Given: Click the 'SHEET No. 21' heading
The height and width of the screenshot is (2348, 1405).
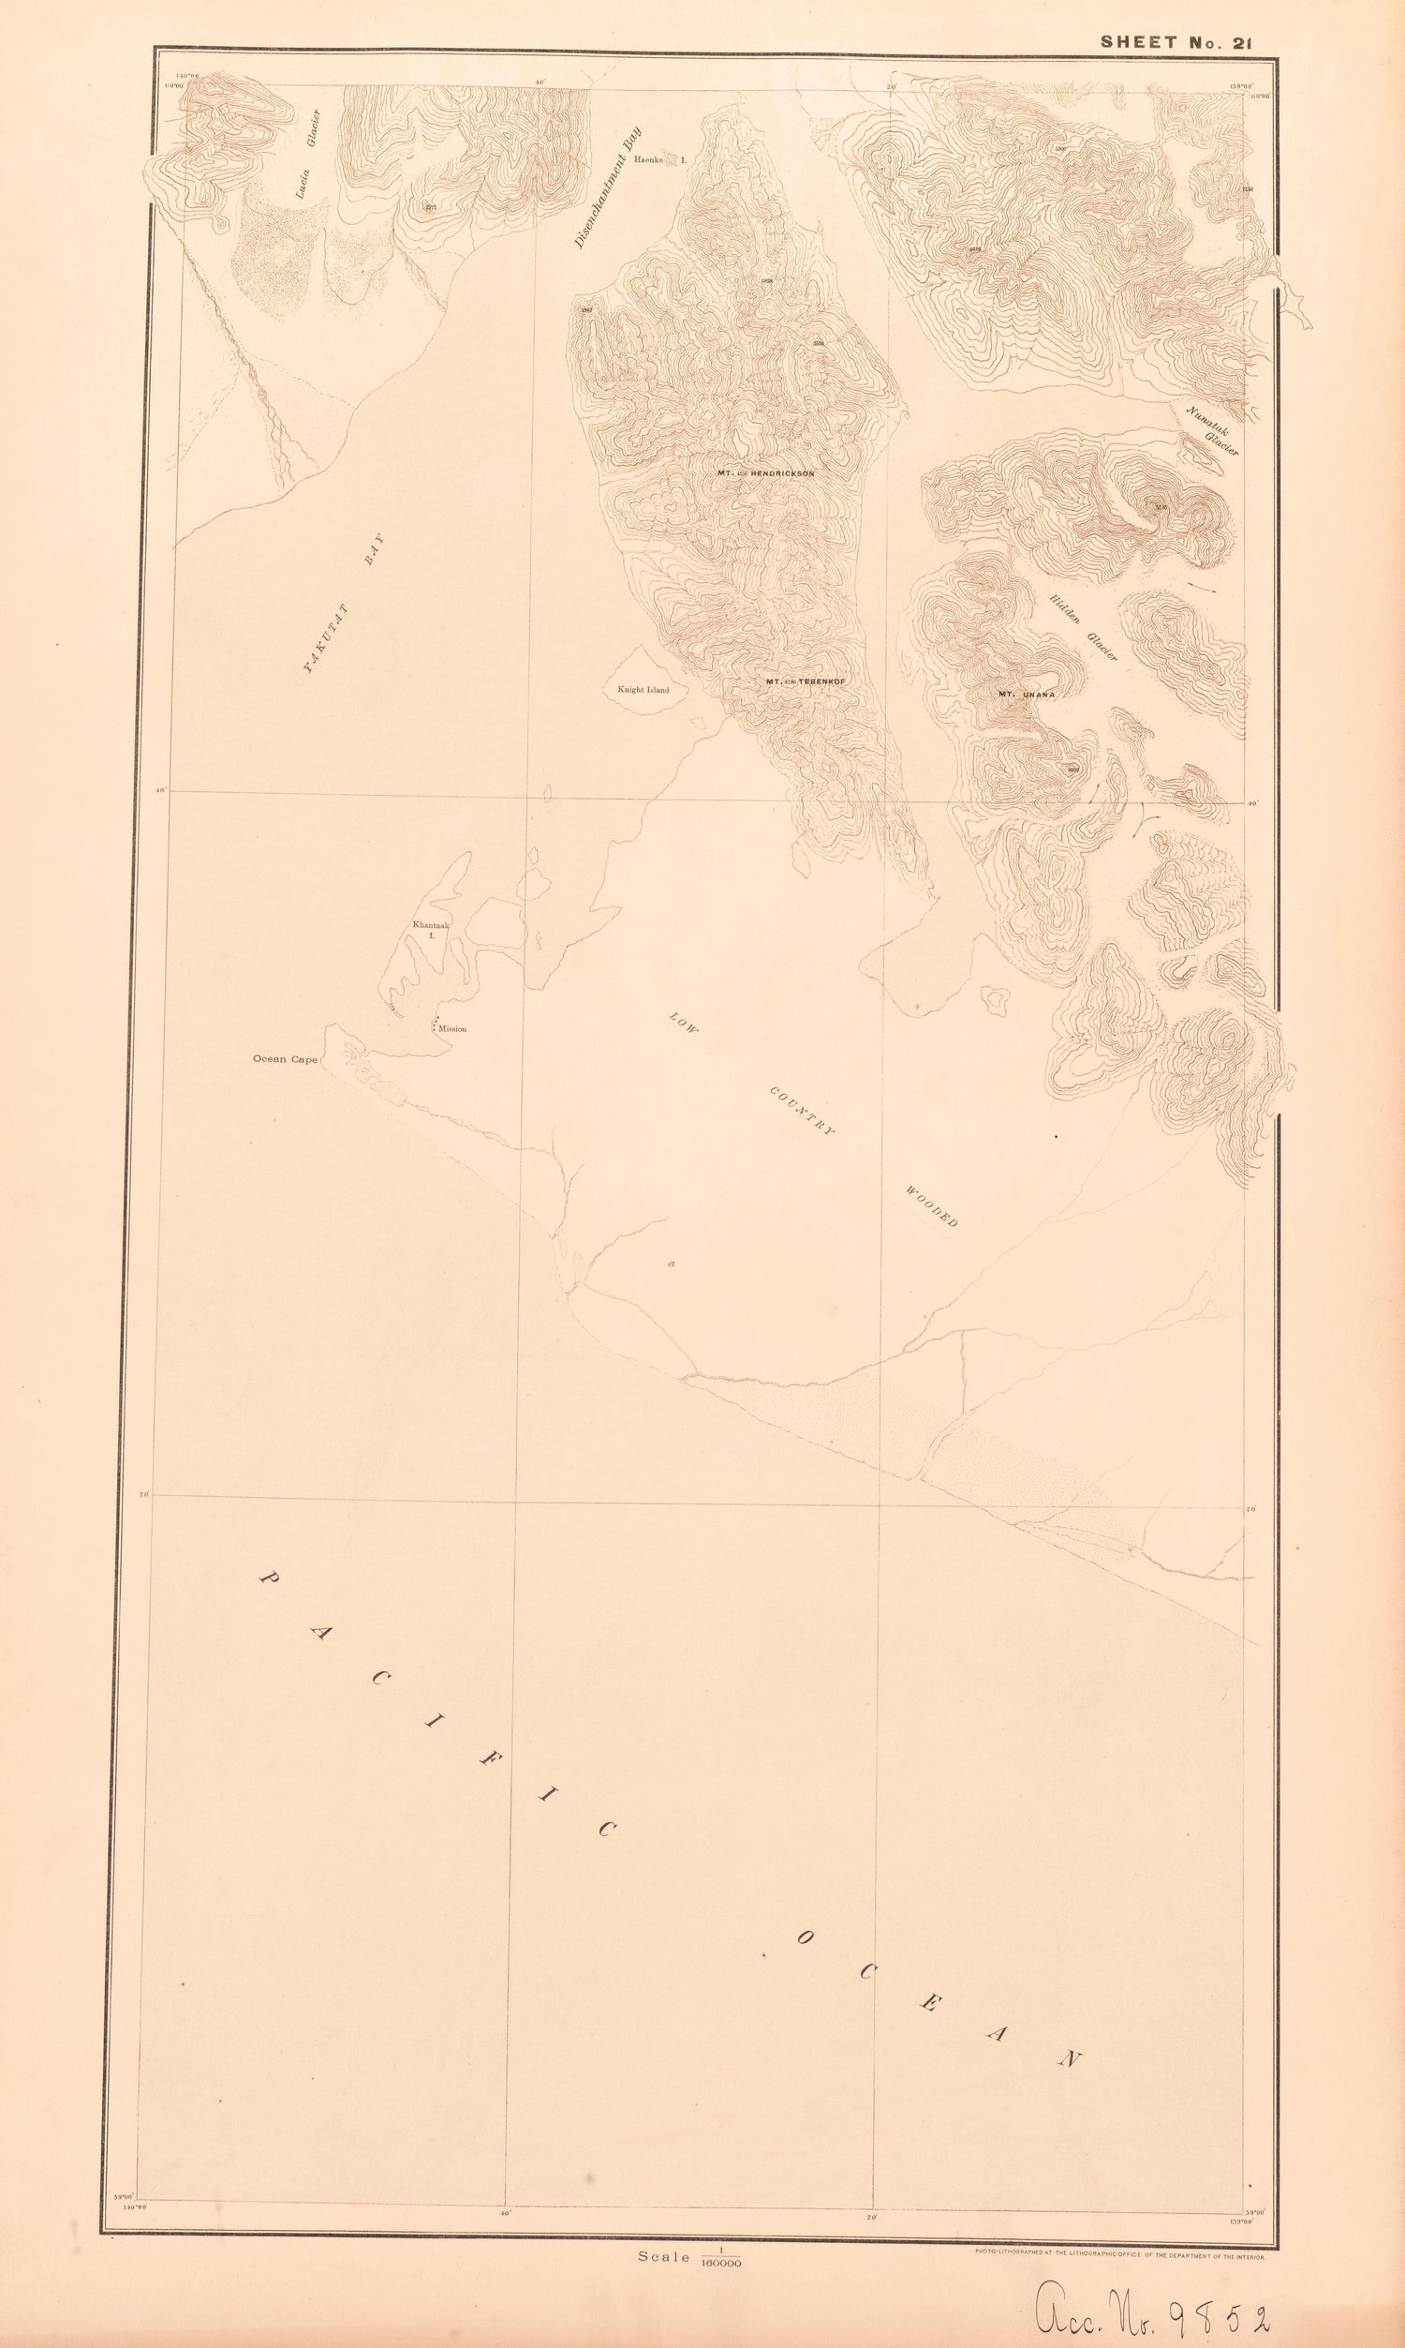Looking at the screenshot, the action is point(1175,41).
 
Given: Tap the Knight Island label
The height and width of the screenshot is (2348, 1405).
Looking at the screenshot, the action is point(643,689).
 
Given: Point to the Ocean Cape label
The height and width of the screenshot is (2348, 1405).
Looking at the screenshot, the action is point(284,1059).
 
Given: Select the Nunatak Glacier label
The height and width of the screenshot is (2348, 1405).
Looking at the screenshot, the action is point(1212,429).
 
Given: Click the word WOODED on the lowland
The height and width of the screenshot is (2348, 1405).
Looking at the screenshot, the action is point(932,1205).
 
